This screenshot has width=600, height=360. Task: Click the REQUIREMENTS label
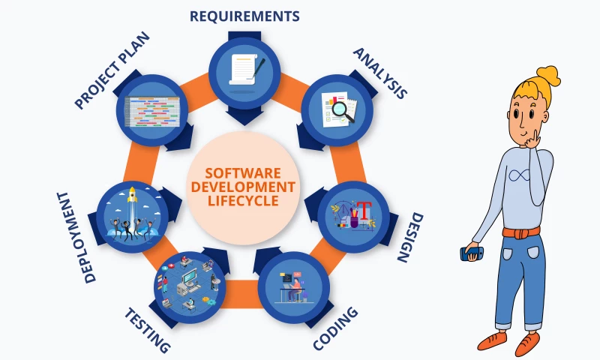pyautogui.click(x=244, y=16)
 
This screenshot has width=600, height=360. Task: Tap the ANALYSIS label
pyautogui.click(x=379, y=73)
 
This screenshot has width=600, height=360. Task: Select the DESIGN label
pyautogui.click(x=409, y=238)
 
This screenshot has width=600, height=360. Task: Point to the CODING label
pyautogui.click(x=335, y=328)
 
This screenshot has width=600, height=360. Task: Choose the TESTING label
pyautogui.click(x=147, y=330)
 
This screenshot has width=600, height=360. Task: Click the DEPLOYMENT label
pyautogui.click(x=76, y=238)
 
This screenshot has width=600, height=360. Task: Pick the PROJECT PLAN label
pyautogui.click(x=112, y=70)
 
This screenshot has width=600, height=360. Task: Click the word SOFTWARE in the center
pyautogui.click(x=243, y=173)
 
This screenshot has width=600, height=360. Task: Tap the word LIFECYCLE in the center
pyautogui.click(x=243, y=201)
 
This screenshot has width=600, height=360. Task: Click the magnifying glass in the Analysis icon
pyautogui.click(x=342, y=109)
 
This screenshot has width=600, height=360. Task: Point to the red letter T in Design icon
pyautogui.click(x=365, y=211)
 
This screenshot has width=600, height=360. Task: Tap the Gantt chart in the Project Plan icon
pyautogui.click(x=152, y=111)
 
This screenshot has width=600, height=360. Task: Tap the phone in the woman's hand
pyautogui.click(x=472, y=253)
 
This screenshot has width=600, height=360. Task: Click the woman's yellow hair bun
pyautogui.click(x=547, y=76)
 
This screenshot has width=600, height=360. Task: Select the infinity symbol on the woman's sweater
pyautogui.click(x=519, y=175)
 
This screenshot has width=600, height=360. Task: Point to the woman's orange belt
pyautogui.click(x=520, y=232)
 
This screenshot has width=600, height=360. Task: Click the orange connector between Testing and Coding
pyautogui.click(x=241, y=293)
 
